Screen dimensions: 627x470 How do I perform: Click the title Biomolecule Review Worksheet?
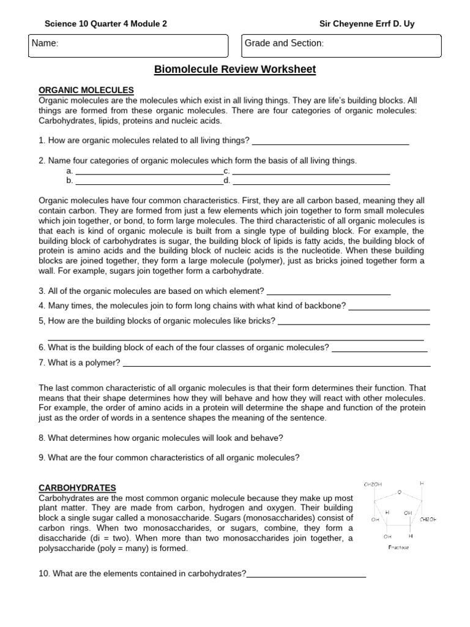235,69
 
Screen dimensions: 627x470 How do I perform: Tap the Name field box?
128,46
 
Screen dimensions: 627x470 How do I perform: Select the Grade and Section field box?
341,45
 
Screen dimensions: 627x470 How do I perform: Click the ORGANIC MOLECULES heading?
86,90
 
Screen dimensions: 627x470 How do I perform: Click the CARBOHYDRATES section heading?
77,488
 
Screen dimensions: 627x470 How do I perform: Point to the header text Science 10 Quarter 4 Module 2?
105,24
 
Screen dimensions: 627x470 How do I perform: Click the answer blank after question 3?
329,291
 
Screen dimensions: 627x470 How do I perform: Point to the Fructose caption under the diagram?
398,547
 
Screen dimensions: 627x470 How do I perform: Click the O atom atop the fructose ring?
399,491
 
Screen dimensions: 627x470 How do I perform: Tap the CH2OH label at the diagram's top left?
373,484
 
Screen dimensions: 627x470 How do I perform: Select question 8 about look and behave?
161,438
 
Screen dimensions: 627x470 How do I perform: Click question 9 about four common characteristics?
169,457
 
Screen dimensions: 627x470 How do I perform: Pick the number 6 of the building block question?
42,348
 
